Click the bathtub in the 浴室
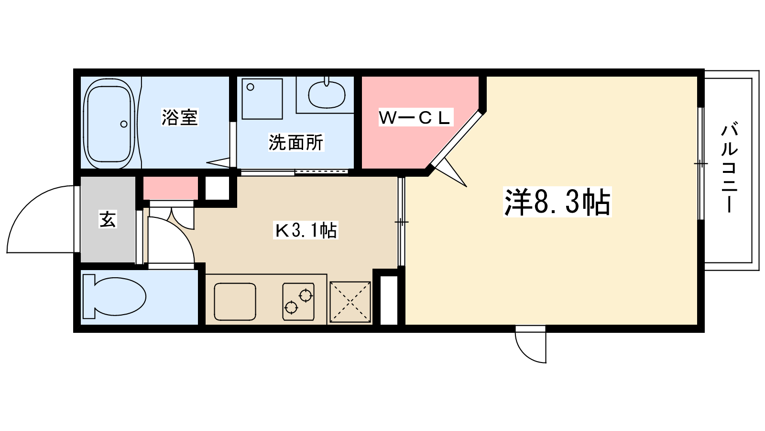108,124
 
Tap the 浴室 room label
180,117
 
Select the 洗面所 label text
296,142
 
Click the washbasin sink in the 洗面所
327,95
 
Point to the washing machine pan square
262,99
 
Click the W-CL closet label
415,118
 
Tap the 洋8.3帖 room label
557,202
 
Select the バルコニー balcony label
729,168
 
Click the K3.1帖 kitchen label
306,230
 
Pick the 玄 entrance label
108,219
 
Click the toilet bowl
117,296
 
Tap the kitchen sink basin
235,301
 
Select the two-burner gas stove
298,301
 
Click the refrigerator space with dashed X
350,301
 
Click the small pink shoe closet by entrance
171,188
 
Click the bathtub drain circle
124,124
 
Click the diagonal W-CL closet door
457,139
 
